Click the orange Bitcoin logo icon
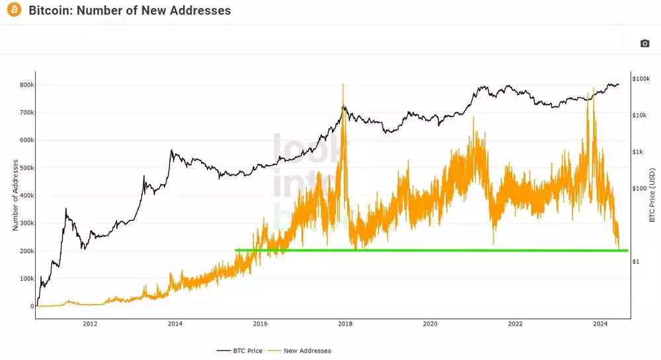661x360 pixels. click(14, 11)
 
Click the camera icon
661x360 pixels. click(644, 44)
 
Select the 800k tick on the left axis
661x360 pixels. click(26, 85)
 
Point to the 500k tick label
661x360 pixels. click(26, 168)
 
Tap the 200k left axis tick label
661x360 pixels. click(26, 252)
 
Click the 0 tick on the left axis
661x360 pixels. click(32, 306)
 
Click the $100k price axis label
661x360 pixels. click(641, 79)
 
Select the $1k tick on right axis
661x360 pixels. click(639, 152)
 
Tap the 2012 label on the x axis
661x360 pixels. click(90, 324)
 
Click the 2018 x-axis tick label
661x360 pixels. click(345, 324)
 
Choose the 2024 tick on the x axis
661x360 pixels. click(600, 324)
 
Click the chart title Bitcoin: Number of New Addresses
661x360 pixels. click(130, 11)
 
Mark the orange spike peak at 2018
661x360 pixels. click(343, 85)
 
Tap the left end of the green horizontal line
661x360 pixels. click(236, 250)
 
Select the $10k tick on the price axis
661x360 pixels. click(640, 116)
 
